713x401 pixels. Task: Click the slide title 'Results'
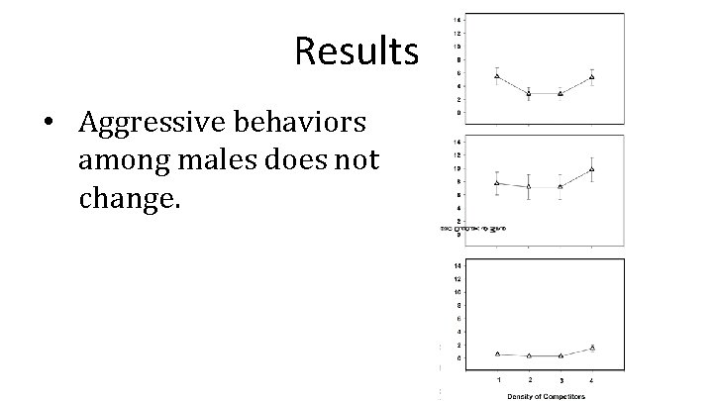(x=356, y=51)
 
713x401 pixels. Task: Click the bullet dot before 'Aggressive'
(x=49, y=125)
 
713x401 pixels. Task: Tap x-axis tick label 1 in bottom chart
(x=498, y=378)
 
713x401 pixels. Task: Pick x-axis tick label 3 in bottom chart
(x=560, y=378)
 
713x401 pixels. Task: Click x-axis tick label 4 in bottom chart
(x=591, y=378)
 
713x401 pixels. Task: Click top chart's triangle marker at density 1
(x=497, y=76)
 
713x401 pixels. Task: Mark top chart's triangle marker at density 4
(x=591, y=77)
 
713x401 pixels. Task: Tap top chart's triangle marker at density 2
(x=529, y=93)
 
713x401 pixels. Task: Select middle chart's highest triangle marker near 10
(x=591, y=169)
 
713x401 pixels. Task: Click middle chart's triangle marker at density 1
(x=497, y=183)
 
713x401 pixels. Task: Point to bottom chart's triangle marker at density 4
(x=591, y=348)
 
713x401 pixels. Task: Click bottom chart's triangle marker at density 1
(x=497, y=353)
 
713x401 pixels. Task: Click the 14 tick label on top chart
(x=456, y=19)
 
